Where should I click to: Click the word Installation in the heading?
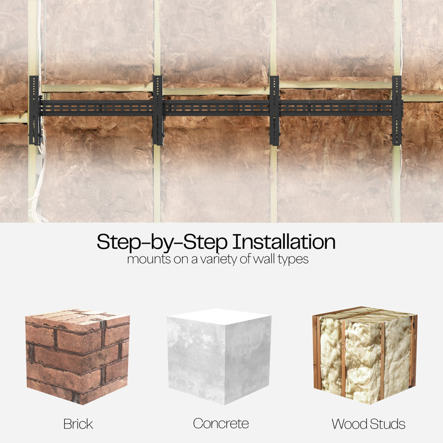(284, 242)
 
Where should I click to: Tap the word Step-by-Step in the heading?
(162, 243)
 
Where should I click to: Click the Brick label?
(78, 424)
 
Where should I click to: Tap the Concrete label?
(221, 424)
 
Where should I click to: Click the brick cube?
(78, 357)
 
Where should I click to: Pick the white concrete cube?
(219, 357)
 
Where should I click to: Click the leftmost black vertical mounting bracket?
(34, 110)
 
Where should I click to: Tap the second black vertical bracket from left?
(158, 110)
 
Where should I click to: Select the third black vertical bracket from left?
(274, 110)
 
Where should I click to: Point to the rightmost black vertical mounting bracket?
(397, 110)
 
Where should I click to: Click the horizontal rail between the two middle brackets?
(217, 108)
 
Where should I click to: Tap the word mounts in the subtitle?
(149, 259)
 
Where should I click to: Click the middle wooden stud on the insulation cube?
(343, 359)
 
